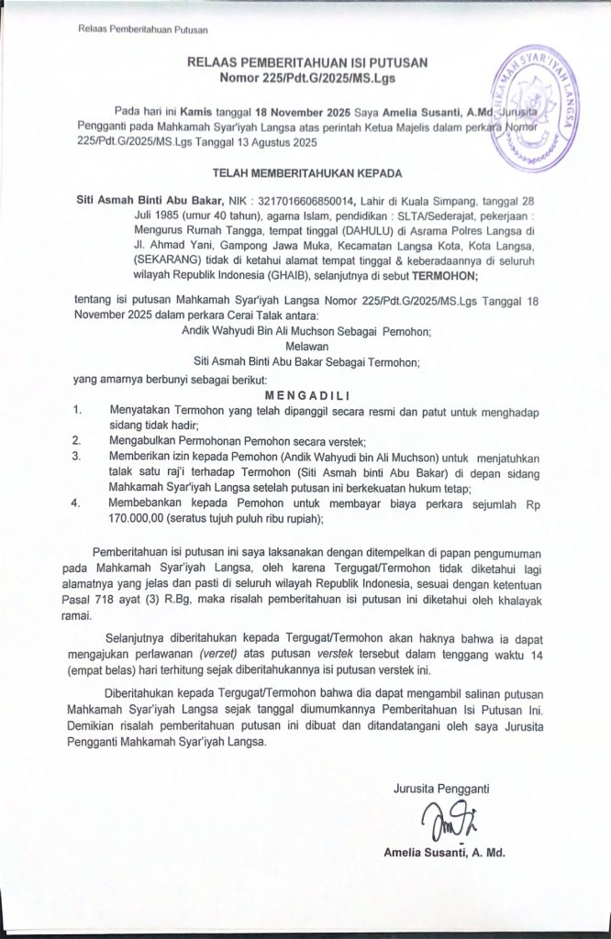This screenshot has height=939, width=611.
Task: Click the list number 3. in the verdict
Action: point(77,456)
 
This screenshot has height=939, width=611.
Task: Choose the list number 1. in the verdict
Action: point(77,409)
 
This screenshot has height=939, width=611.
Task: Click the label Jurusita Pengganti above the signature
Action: point(440,787)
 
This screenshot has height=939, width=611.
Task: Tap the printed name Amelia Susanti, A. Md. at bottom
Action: point(445,854)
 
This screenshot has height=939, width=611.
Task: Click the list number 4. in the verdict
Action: point(77,503)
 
